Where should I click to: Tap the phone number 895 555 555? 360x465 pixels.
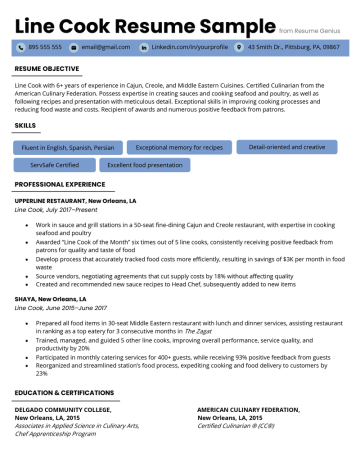pos(45,47)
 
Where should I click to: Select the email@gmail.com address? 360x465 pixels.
pos(105,47)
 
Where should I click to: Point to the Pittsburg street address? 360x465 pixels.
pos(293,47)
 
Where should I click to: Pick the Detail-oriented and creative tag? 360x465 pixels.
pos(286,147)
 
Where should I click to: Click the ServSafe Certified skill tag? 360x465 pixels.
pos(55,164)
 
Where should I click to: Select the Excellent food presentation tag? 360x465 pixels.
pos(145,164)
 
